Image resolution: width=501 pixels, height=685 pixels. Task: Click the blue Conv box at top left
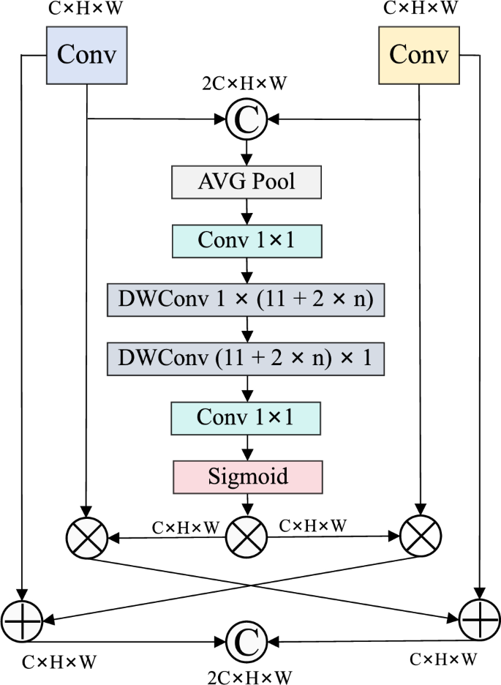click(87, 56)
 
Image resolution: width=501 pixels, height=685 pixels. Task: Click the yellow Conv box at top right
click(418, 56)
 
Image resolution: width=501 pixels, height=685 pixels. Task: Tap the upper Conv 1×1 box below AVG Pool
click(246, 239)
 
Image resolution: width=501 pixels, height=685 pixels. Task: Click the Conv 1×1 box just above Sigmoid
click(246, 417)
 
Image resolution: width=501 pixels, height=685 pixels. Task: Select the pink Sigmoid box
click(246, 476)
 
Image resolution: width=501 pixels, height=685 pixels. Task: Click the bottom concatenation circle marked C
click(246, 641)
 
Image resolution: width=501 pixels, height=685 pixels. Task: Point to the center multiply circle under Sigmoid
click(246, 539)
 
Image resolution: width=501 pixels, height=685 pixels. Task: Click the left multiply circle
click(86, 539)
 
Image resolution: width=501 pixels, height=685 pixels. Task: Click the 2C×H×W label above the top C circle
click(244, 83)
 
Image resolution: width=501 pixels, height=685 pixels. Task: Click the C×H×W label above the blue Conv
click(87, 10)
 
